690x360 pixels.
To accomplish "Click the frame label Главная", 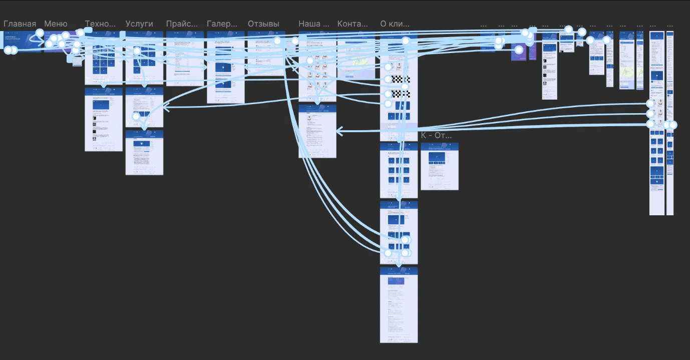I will click(x=20, y=24).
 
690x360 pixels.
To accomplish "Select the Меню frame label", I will click(x=56, y=24).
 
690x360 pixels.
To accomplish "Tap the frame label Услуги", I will click(x=139, y=24).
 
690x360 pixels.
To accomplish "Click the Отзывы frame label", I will click(x=263, y=24).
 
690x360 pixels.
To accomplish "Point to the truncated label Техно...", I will click(x=100, y=24).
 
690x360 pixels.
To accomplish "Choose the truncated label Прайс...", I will click(x=182, y=24).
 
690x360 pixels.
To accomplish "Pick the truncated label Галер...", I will click(x=222, y=24).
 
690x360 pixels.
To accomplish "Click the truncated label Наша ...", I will click(x=314, y=24).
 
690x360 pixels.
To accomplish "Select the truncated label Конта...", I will click(x=353, y=24).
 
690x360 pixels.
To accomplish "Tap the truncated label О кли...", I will click(x=395, y=24).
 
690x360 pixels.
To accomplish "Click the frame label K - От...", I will click(x=436, y=135).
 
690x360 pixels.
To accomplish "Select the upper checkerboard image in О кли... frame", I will click(x=401, y=79).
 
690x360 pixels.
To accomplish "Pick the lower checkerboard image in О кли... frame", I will click(x=401, y=94).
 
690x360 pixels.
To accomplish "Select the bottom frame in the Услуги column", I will click(x=144, y=153).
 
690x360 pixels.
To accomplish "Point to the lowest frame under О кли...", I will click(x=399, y=305).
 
